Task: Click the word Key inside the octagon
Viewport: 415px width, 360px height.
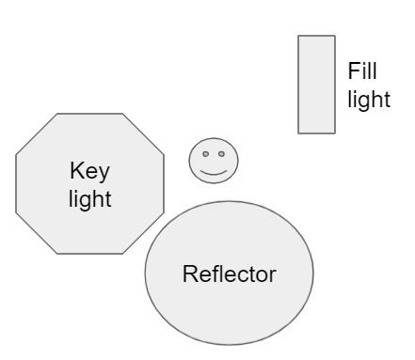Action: pyautogui.click(x=89, y=171)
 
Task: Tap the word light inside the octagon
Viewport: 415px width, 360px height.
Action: pyautogui.click(x=90, y=199)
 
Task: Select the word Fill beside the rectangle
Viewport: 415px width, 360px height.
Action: pyautogui.click(x=362, y=70)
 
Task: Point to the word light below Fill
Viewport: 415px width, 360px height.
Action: pyautogui.click(x=369, y=100)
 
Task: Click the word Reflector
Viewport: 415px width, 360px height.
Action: pyautogui.click(x=230, y=274)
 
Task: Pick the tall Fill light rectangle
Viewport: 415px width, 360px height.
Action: pyautogui.click(x=316, y=85)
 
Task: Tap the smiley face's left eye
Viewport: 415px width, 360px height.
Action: pyautogui.click(x=206, y=154)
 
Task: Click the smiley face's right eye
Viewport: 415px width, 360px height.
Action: pyautogui.click(x=221, y=154)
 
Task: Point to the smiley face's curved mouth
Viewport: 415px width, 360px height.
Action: pyautogui.click(x=214, y=173)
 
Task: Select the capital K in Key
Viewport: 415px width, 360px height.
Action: pyautogui.click(x=76, y=170)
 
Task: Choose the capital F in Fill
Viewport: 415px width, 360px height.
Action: pyautogui.click(x=354, y=70)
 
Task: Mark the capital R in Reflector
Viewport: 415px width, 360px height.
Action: pyautogui.click(x=190, y=274)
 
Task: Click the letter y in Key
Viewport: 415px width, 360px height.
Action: pyautogui.click(x=104, y=175)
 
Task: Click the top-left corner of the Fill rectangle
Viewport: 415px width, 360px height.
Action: pyautogui.click(x=298, y=36)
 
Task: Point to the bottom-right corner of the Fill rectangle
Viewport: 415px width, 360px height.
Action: pyautogui.click(x=335, y=133)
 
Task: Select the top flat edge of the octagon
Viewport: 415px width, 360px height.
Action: pyautogui.click(x=90, y=114)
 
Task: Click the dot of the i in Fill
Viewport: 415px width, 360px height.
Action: pyautogui.click(x=364, y=63)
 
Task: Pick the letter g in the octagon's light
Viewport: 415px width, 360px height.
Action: pyautogui.click(x=83, y=203)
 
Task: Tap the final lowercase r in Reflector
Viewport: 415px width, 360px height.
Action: pyautogui.click(x=273, y=276)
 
